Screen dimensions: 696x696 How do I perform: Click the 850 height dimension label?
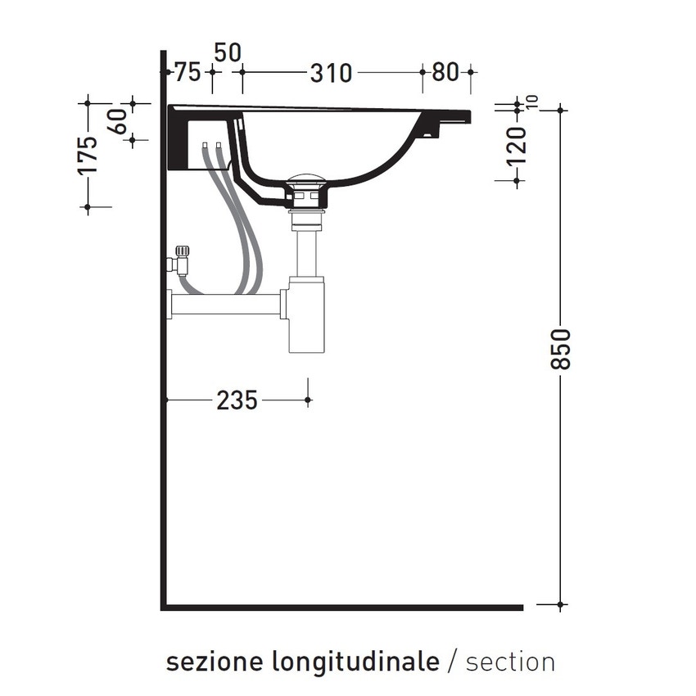tap(561, 349)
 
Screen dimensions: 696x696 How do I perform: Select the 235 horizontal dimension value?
tap(237, 400)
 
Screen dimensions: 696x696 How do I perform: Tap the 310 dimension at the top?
tap(331, 73)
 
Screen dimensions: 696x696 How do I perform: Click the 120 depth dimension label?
tap(516, 147)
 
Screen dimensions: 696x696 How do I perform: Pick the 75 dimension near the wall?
tap(188, 73)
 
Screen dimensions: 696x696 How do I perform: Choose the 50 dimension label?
tap(227, 52)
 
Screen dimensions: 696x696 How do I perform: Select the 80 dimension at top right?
tap(445, 73)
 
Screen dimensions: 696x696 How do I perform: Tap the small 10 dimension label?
tap(533, 102)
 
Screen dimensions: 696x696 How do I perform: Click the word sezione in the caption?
tap(205, 662)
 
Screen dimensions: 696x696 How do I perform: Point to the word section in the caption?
tap(510, 662)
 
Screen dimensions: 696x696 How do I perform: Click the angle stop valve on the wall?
tap(180, 260)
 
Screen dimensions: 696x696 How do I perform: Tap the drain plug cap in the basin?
tap(308, 181)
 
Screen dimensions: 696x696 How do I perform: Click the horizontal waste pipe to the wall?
tap(225, 305)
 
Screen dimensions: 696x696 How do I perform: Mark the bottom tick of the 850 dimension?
tap(561, 606)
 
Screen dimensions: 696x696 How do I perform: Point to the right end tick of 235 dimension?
tap(308, 400)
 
